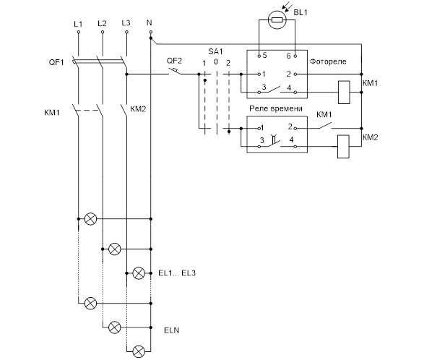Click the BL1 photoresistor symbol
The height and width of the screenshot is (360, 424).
pos(277,20)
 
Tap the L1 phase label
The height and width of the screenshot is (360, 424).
pos(78,24)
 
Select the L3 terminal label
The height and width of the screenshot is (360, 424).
pos(126,23)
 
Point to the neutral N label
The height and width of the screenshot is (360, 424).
pos(150,22)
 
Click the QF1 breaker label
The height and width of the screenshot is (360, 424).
pos(56,62)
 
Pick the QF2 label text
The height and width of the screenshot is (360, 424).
pos(174,61)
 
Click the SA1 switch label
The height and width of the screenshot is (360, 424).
pos(215,51)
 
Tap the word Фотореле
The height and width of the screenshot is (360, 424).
pos(328,61)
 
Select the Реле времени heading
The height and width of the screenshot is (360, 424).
pos(275,108)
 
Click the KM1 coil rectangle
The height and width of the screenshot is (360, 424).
pos(344,93)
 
